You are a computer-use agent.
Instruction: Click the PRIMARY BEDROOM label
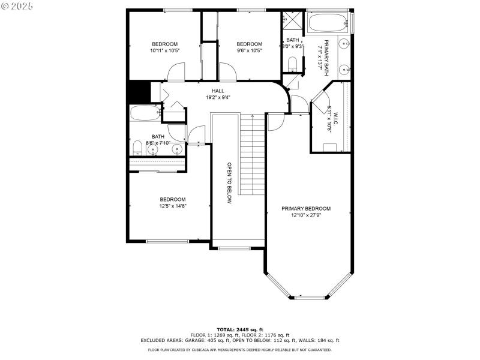point(306,209)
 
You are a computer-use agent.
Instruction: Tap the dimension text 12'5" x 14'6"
point(173,206)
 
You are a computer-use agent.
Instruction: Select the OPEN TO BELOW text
point(229,183)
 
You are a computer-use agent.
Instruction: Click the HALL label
point(201,91)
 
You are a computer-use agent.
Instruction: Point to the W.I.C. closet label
point(335,115)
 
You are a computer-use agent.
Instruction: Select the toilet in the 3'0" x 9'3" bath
point(293,63)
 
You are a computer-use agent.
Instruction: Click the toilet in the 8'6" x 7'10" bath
point(137,148)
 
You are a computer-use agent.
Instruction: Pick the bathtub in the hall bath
point(144,113)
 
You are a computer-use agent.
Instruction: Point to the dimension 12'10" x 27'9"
point(306,215)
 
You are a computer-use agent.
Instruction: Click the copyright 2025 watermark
point(18,5)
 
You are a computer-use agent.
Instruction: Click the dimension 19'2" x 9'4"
point(201,97)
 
